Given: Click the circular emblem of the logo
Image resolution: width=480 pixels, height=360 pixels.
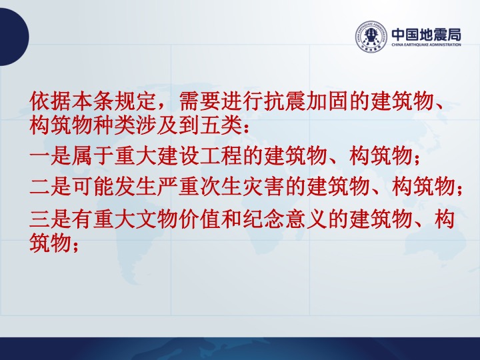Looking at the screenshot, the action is click(x=371, y=37).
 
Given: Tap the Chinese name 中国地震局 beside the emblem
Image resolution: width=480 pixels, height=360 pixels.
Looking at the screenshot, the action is click(x=426, y=34).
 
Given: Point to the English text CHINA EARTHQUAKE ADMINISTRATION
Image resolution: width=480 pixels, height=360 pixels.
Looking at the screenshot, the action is click(x=426, y=45).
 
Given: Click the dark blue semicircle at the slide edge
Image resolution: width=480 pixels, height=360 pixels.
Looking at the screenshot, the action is click(x=14, y=37).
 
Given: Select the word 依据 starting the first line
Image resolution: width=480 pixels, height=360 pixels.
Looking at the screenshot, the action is click(x=51, y=101).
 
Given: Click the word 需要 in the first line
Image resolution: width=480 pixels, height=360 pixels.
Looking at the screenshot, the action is click(x=199, y=101).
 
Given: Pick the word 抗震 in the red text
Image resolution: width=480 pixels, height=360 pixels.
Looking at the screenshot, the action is click(x=285, y=101).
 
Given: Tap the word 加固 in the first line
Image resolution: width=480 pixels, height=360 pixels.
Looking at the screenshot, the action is click(x=327, y=101).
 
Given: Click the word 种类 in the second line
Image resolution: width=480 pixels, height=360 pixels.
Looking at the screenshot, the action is click(x=115, y=125).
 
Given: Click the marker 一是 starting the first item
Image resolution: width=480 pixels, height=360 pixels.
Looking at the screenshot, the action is click(x=51, y=155).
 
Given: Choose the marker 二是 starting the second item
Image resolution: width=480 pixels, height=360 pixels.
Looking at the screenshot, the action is click(x=51, y=187).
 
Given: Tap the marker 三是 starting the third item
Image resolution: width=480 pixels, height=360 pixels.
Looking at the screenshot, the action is click(x=51, y=219).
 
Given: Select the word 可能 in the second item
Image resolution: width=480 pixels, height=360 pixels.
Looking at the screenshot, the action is click(x=93, y=187).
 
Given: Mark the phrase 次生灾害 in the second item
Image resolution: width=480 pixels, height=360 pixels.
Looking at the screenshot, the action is click(x=242, y=187).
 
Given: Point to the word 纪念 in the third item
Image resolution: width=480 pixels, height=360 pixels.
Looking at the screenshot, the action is click(x=263, y=219).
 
